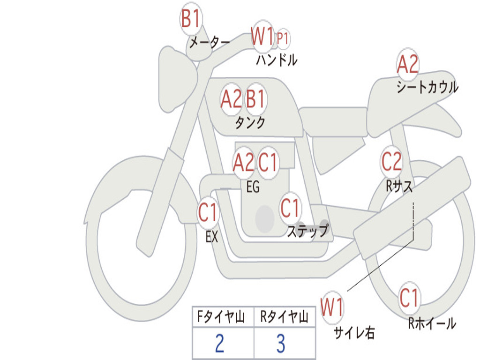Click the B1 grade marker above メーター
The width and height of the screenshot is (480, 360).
(191, 18)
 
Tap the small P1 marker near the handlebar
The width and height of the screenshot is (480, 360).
(283, 39)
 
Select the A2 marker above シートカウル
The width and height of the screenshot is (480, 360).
(407, 64)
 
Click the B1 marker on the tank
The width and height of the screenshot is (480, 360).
(255, 98)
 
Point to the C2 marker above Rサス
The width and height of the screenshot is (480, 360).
(391, 162)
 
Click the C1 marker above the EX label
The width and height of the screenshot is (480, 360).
(208, 212)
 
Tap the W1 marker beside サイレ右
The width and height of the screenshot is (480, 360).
(332, 307)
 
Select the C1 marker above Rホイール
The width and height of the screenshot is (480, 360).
(409, 298)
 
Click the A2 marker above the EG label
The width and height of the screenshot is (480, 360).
(244, 162)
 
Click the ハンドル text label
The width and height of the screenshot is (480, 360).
(277, 60)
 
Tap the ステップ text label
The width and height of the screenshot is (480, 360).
(308, 231)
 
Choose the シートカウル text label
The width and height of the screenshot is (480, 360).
(427, 87)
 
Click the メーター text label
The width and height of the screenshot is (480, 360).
(210, 42)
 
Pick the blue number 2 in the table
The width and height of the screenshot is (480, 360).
(220, 343)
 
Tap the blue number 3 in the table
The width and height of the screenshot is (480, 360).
(281, 343)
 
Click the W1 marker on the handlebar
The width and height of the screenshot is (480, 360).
(262, 36)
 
